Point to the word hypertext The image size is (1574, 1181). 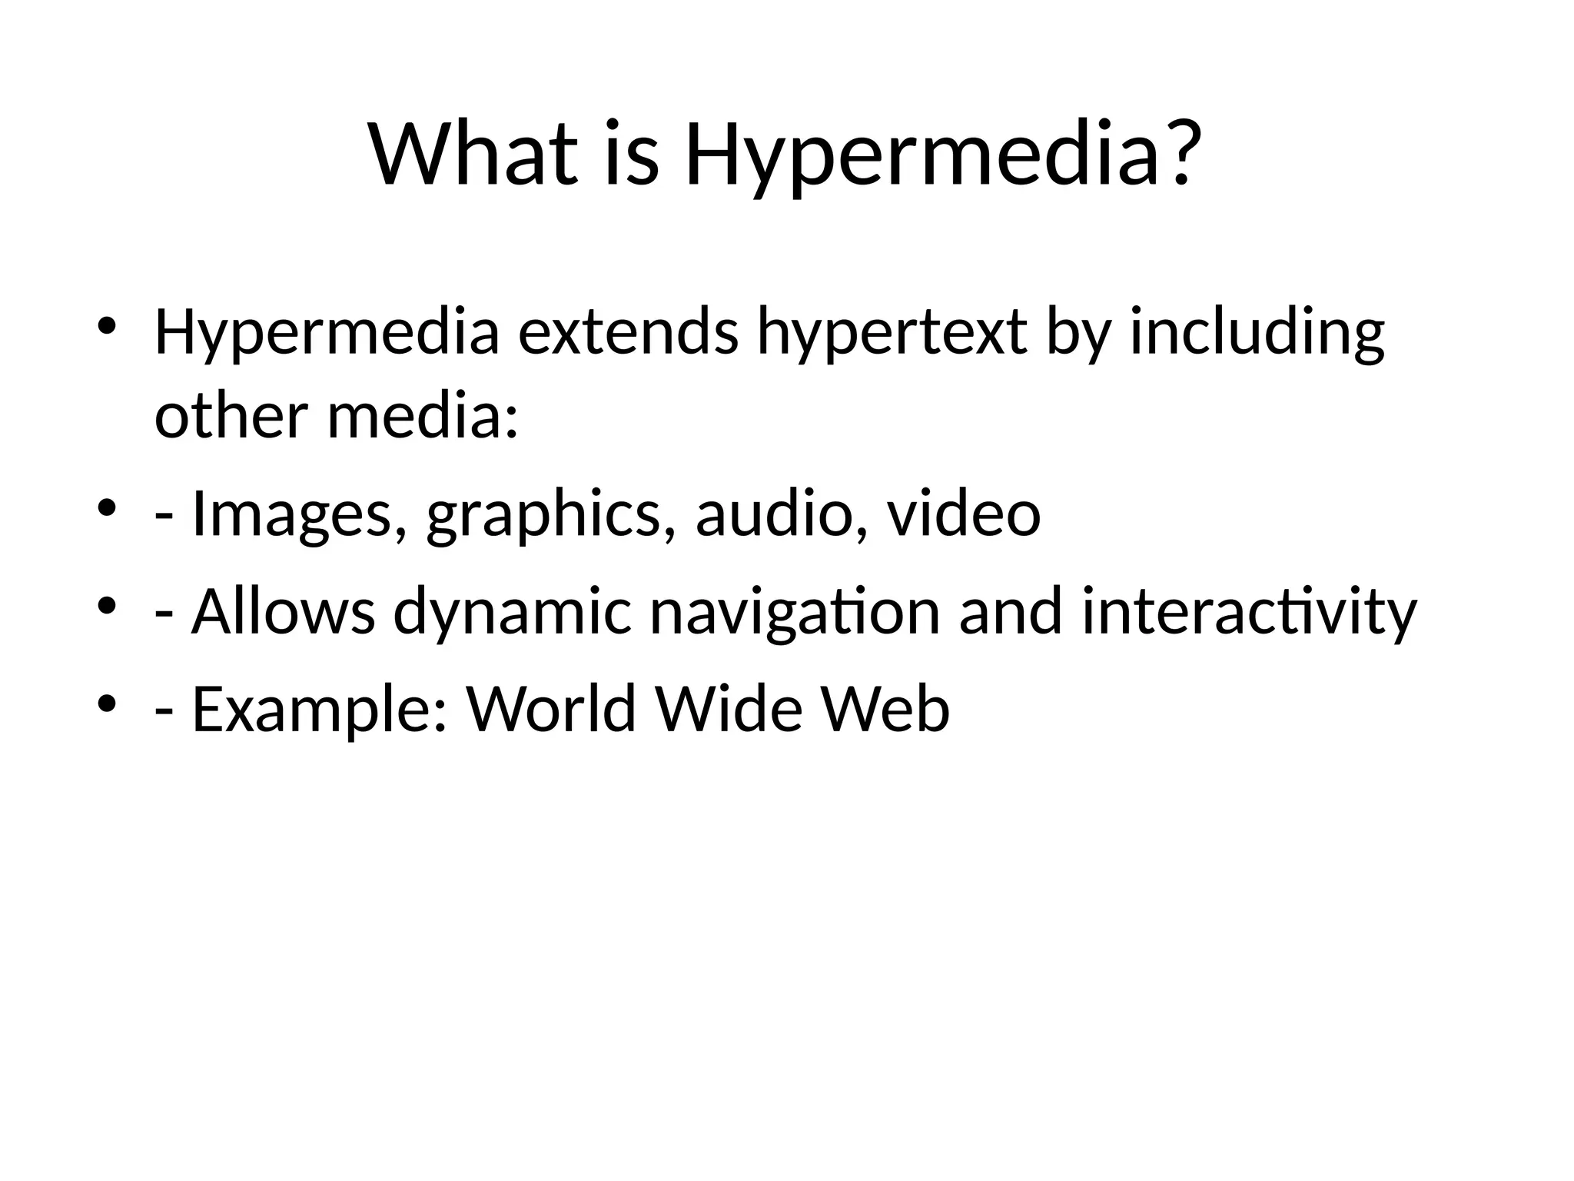[x=892, y=336]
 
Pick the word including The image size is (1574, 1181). [x=1257, y=336]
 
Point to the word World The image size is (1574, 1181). [x=552, y=708]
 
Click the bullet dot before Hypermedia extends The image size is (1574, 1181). [x=108, y=324]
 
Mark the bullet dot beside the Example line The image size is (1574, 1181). [x=108, y=702]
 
